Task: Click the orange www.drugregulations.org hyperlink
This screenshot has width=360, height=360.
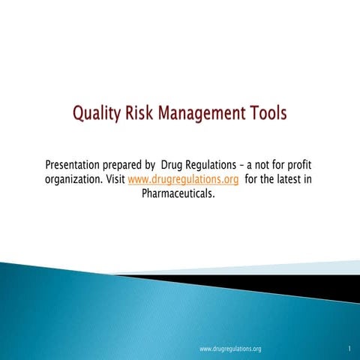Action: point(183,180)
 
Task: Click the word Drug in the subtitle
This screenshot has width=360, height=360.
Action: point(173,165)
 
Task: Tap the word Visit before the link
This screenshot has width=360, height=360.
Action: point(115,180)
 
